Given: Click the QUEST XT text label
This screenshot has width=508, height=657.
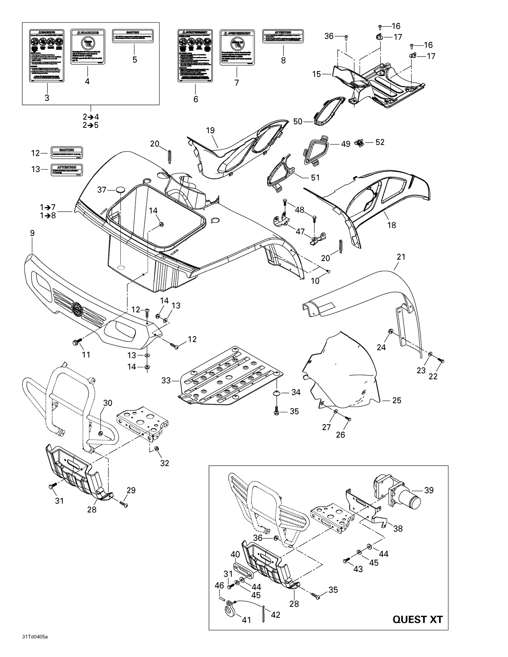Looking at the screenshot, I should [x=417, y=619].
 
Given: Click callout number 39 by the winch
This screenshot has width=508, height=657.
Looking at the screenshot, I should [x=429, y=490].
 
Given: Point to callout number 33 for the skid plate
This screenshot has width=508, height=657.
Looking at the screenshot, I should [x=166, y=380].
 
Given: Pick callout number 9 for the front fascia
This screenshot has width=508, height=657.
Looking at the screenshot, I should [x=32, y=233].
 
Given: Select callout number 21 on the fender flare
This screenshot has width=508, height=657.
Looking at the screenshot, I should [x=401, y=257].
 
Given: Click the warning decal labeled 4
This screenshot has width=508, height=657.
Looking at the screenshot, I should [x=87, y=47].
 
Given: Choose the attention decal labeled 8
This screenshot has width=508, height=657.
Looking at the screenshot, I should [x=283, y=36].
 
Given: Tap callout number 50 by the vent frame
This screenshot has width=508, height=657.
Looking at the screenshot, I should [x=298, y=121].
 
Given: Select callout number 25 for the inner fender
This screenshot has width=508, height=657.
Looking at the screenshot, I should [x=396, y=400].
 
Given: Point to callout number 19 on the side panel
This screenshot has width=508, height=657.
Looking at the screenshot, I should [x=210, y=130].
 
